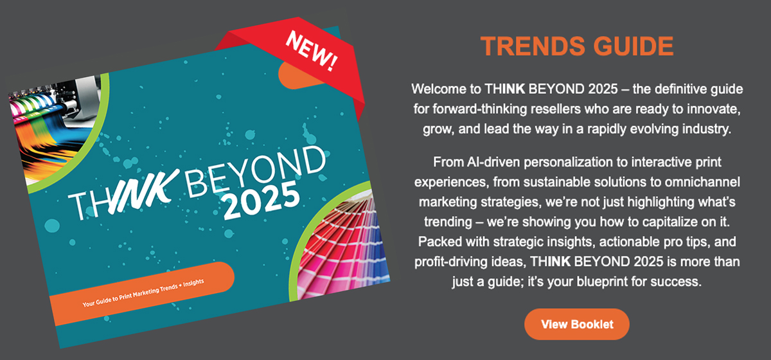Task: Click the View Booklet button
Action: click(x=577, y=324)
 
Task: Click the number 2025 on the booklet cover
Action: click(x=261, y=201)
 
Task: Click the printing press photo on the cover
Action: click(x=55, y=127)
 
